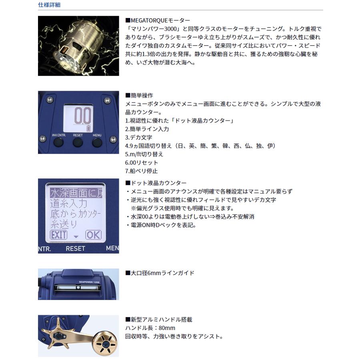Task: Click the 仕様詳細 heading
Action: point(49,5)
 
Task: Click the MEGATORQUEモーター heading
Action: point(158,20)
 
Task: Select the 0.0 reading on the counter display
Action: point(83,116)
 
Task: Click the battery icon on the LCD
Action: point(89,128)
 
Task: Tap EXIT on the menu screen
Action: point(58,235)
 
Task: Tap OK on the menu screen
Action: point(93,235)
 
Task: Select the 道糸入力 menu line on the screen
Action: point(69,204)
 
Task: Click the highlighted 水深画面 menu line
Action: point(76,193)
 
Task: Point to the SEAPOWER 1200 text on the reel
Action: point(89,282)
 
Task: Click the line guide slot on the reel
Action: point(78,287)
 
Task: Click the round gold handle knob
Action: point(106,343)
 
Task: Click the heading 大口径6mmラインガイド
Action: point(160,273)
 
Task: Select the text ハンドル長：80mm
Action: point(150,328)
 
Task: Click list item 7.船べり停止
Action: point(142,171)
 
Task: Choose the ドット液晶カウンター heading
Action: point(156,183)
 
